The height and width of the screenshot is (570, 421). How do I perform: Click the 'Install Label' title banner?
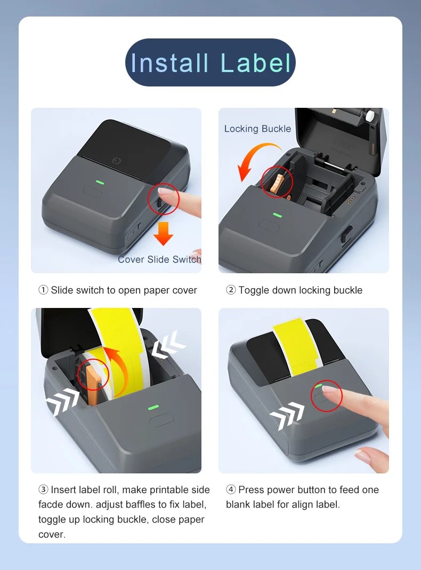coord(210,62)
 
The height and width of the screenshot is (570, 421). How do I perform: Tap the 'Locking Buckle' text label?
coord(257,129)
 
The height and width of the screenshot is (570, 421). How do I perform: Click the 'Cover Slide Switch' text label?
coord(159,259)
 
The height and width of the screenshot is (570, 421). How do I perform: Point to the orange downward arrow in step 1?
coord(163,233)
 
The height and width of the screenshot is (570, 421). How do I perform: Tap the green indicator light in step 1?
coord(100,181)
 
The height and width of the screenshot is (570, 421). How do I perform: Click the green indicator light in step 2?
coord(277,215)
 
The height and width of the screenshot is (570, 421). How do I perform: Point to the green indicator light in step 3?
coord(153,407)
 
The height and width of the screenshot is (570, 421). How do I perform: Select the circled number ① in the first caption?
coord(44,290)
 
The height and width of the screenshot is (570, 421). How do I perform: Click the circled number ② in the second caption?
coord(231,290)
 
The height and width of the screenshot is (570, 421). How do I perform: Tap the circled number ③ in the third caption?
coord(44,490)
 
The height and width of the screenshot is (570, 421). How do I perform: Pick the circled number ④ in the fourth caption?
coord(231,490)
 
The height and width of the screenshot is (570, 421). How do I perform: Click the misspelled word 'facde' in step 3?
coord(51,504)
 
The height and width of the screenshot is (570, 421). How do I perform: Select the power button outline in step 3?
coord(160,421)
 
